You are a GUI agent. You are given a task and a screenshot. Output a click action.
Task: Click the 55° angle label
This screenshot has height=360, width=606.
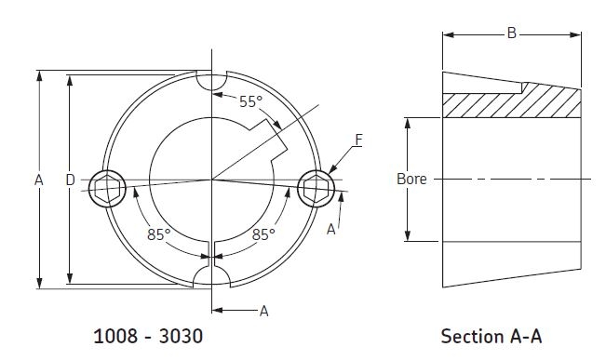pos(250,101)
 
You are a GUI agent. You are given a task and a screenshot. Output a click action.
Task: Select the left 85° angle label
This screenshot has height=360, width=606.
pos(158,234)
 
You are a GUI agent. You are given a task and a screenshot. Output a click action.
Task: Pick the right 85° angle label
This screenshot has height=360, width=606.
pos(263,234)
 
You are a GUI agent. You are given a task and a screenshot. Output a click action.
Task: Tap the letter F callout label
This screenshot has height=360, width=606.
pos(358,140)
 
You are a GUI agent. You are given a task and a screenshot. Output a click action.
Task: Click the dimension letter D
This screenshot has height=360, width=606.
pos(70,180)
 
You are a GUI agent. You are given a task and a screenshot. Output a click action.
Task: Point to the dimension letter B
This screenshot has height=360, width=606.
pos(512,33)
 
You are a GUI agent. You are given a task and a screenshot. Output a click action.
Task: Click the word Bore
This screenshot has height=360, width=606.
pos(411,180)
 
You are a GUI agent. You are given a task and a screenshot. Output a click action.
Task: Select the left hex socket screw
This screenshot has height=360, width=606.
pos(107,189)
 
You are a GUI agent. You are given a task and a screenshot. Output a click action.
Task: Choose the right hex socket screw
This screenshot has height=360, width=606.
pos(316,189)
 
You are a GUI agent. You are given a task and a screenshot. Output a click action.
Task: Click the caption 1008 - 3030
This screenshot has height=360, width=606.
pos(148,336)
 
